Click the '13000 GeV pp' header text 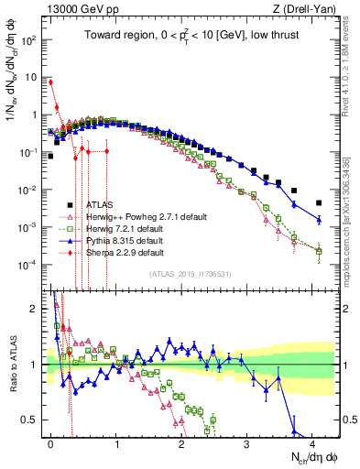tap(76, 9)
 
